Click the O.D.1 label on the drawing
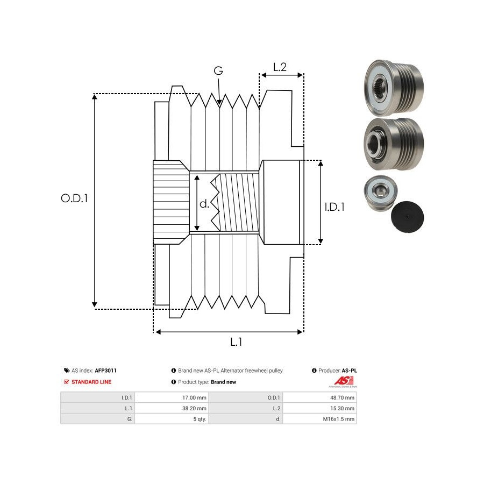click(x=74, y=198)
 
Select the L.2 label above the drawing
click(x=280, y=67)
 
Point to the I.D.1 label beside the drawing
click(x=334, y=207)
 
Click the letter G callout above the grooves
click(x=218, y=71)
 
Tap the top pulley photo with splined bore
click(x=393, y=87)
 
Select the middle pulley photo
click(x=393, y=144)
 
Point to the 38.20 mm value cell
click(x=195, y=408)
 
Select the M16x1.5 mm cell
click(x=342, y=419)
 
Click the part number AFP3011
click(x=106, y=371)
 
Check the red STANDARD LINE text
click(x=91, y=382)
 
